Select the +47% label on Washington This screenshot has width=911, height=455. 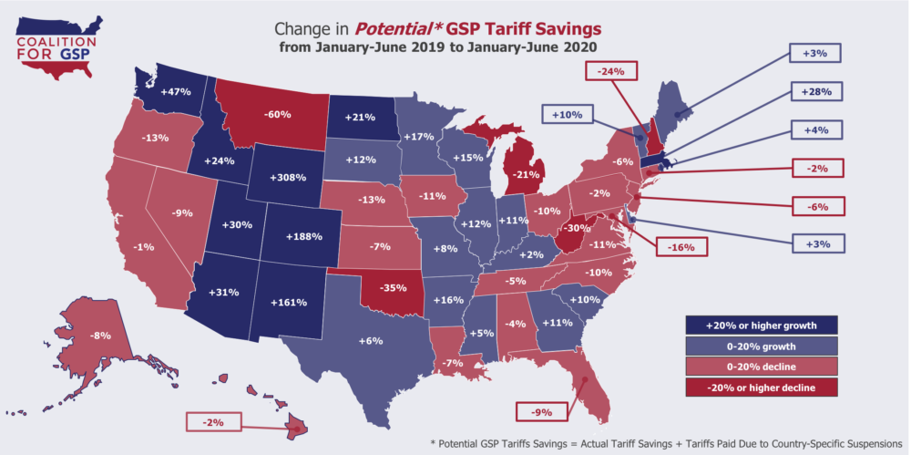(x=175, y=91)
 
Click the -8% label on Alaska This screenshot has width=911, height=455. (x=101, y=336)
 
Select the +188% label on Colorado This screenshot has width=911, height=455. (x=302, y=236)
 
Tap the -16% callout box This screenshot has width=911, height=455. (x=676, y=246)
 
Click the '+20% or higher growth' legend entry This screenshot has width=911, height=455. (x=762, y=325)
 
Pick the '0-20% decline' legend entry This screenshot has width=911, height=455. (x=762, y=367)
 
